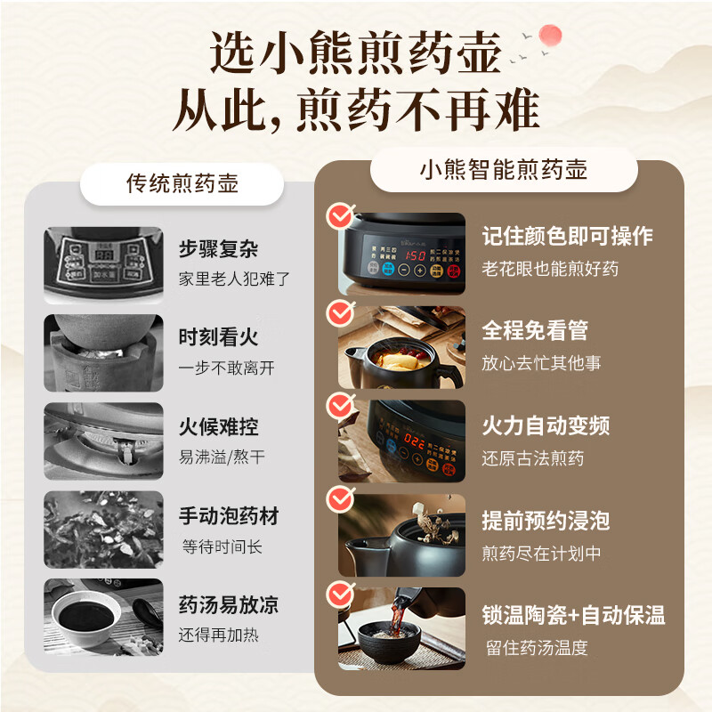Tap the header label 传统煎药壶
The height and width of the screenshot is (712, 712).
point(182,184)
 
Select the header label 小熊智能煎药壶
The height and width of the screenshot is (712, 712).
point(504,169)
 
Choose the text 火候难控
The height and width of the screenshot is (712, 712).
point(219,426)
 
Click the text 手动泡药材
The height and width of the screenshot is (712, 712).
point(229,515)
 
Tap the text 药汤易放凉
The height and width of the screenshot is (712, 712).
point(229,605)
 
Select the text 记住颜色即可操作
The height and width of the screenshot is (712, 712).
point(567,236)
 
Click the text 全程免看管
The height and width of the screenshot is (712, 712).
point(535,330)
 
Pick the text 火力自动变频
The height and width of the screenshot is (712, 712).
point(546,425)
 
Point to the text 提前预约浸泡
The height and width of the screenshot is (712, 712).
point(546,521)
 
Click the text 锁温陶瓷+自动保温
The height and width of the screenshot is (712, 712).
point(573,615)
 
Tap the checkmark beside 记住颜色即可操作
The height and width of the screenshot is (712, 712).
point(340,216)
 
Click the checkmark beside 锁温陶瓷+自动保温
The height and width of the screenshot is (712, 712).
point(340,594)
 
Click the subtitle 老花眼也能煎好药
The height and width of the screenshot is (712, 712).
point(550,268)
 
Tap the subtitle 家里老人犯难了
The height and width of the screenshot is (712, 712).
point(234,279)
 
